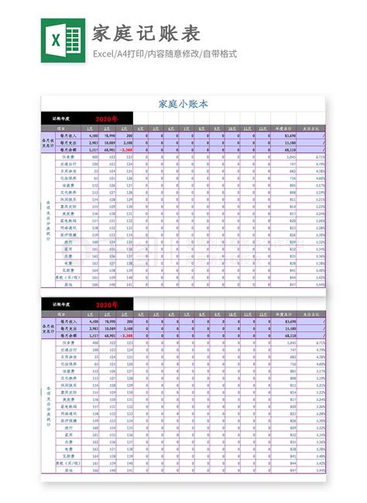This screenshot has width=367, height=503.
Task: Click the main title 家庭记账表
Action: pyautogui.click(x=147, y=33)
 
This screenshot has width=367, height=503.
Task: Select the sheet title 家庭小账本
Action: pyautogui.click(x=183, y=103)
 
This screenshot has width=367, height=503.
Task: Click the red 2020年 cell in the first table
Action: pyautogui.click(x=107, y=119)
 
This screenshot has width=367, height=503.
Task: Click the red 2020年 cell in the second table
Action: pyautogui.click(x=107, y=305)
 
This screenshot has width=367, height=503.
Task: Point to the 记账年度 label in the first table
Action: pyautogui.click(x=63, y=119)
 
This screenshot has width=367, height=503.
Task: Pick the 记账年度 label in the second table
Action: pyautogui.click(x=63, y=305)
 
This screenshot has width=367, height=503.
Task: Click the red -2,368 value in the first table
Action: pyautogui.click(x=127, y=149)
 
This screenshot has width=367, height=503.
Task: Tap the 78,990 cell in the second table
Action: pyautogui.click(x=108, y=320)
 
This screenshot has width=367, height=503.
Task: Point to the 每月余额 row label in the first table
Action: pyautogui.click(x=67, y=149)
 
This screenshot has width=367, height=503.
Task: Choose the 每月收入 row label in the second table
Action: pyautogui.click(x=67, y=320)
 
